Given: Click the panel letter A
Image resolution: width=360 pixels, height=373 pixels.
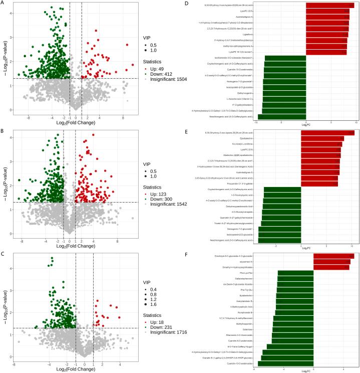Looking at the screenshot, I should tap(3, 3).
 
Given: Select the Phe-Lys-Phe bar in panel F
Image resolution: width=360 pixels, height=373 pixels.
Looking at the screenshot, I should tap(295, 273).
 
